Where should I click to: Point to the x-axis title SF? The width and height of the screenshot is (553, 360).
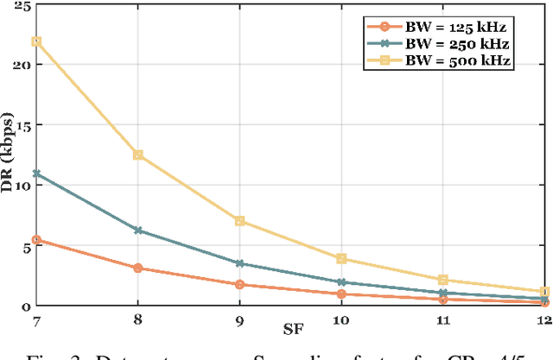click(291, 329)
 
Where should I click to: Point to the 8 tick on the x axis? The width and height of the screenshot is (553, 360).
click(137, 319)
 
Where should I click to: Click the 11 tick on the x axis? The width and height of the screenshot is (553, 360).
click(443, 319)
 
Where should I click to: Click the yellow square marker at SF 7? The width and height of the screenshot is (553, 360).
click(35, 41)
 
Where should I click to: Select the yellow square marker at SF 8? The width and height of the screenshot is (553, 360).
click(137, 155)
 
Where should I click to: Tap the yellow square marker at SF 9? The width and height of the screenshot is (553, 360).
click(239, 221)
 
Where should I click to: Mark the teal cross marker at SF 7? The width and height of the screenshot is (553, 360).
click(35, 174)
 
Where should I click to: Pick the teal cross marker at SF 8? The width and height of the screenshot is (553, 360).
click(137, 231)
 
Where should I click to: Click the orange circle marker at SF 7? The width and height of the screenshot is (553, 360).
click(35, 240)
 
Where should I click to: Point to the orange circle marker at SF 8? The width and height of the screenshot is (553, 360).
click(137, 268)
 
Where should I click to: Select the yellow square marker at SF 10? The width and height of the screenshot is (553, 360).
click(341, 259)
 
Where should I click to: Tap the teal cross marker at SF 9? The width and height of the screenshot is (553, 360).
click(239, 263)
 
